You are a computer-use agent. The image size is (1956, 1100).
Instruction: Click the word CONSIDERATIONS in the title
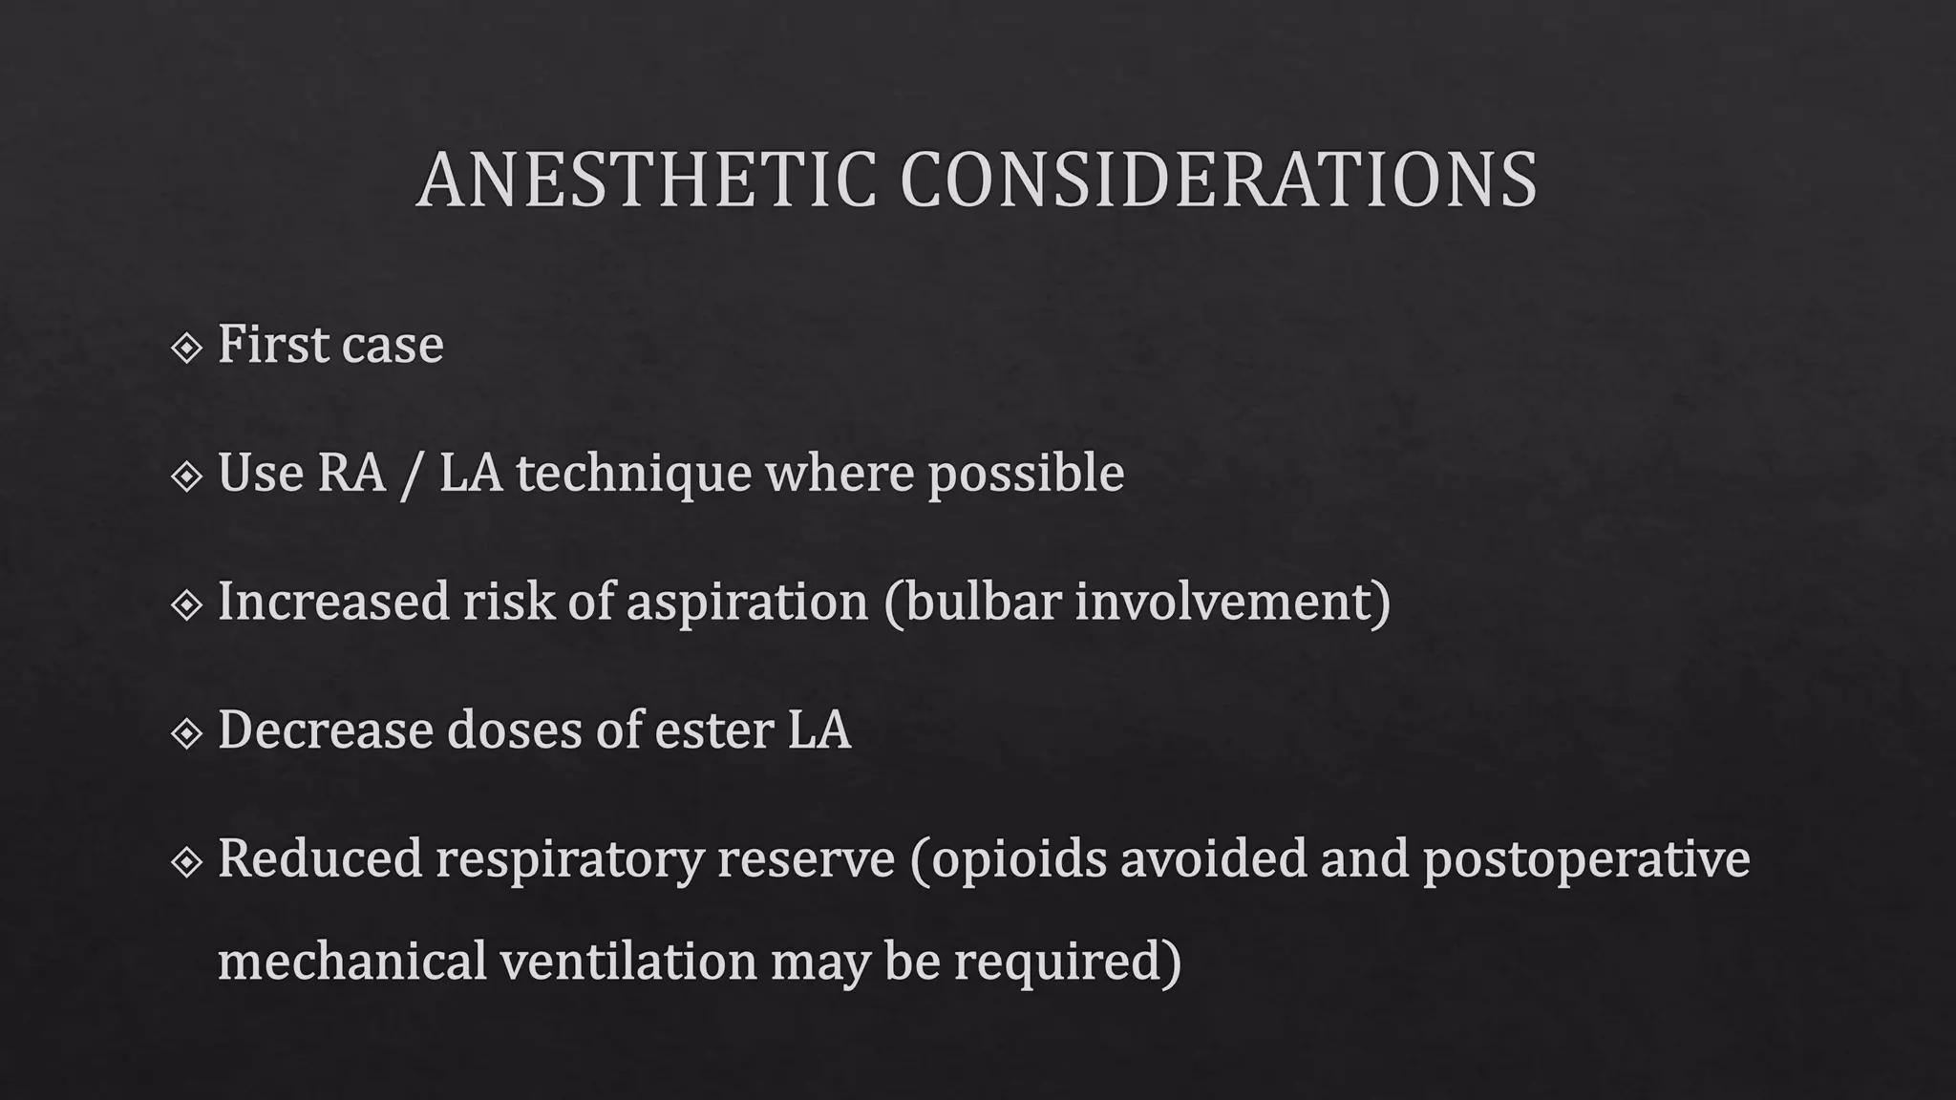point(1218,180)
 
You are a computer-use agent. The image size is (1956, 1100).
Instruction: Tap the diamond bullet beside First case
point(186,348)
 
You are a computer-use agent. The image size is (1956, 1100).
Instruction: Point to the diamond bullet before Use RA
point(186,476)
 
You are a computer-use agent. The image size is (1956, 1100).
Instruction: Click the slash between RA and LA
point(412,475)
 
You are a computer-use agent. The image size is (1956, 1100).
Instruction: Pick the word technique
point(633,475)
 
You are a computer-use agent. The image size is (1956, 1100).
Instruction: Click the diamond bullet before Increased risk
point(186,604)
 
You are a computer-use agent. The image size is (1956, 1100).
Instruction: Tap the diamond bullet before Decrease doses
point(186,733)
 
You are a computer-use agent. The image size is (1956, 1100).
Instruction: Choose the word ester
point(712,731)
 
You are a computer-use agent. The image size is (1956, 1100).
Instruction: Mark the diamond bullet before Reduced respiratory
point(186,862)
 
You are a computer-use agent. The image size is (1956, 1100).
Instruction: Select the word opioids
point(1018,859)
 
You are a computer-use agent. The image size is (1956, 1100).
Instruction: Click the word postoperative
point(1586,859)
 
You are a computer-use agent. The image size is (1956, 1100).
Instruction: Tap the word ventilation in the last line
point(628,961)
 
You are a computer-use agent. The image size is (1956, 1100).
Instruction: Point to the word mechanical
point(351,961)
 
